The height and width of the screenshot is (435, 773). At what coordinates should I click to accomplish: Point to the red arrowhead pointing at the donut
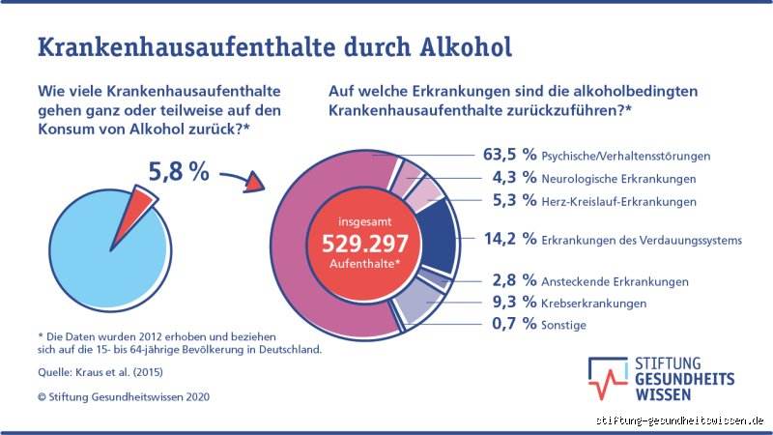[255, 184]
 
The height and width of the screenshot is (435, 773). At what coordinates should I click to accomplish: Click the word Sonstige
[565, 326]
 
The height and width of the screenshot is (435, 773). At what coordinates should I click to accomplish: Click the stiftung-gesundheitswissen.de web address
[680, 421]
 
